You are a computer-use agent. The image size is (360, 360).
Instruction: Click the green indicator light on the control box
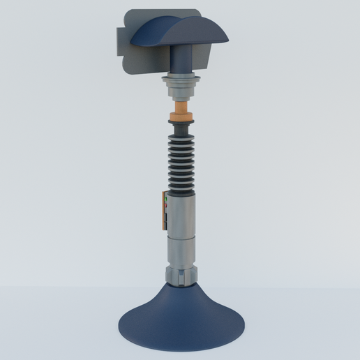pos(166,199)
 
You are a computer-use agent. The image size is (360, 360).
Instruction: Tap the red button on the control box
pos(166,205)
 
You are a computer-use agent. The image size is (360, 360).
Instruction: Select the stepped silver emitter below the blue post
pos(181,87)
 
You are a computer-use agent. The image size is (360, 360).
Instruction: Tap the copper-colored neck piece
pos(181,107)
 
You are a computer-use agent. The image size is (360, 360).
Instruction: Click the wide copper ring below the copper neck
pos(181,117)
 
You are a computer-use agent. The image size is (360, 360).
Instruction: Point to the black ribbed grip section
pos(181,160)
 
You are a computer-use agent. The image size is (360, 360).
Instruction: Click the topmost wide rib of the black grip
pos(181,137)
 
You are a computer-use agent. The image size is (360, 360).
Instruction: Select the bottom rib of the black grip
pos(181,186)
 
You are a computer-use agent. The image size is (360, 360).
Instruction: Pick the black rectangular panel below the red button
pos(166,219)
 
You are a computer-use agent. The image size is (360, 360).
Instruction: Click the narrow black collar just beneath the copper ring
pos(181,123)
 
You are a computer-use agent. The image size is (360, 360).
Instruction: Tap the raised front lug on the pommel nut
pos(182,279)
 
